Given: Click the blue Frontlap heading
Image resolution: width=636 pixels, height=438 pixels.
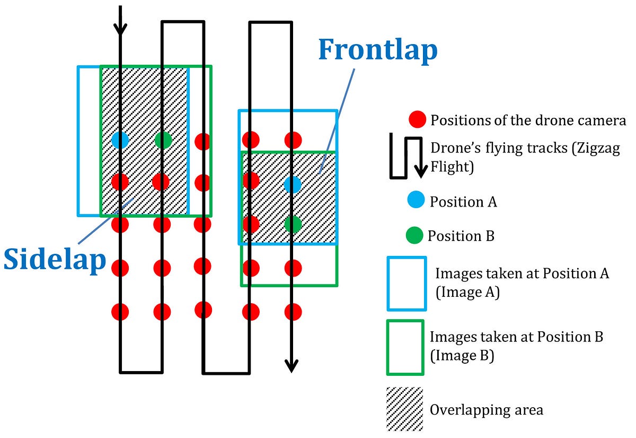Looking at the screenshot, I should (378, 50).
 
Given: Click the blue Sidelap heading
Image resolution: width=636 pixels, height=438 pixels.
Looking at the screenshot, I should (55, 260).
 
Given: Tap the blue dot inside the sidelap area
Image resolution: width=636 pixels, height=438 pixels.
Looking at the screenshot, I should (120, 140).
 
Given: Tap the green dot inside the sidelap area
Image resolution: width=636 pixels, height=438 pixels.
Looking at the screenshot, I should (164, 140).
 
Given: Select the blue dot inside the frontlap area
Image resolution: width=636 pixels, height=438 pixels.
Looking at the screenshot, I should (293, 184).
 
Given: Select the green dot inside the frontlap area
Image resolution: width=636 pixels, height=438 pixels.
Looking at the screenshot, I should (293, 224).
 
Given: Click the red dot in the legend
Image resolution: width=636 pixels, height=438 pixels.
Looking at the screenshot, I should (418, 120).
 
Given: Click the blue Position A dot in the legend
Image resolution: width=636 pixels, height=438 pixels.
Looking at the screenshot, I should (415, 201).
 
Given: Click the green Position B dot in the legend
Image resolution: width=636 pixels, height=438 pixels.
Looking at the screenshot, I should (414, 235).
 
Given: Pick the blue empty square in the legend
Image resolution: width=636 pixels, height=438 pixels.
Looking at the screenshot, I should (407, 284).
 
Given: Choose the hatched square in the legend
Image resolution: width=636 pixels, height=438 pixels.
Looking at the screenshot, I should (405, 409).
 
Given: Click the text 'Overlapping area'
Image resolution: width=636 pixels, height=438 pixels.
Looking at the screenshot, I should (487, 410).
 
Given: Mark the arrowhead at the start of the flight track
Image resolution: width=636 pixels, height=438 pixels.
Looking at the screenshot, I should (121, 29).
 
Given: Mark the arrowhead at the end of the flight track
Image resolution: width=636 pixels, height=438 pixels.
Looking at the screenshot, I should (290, 366).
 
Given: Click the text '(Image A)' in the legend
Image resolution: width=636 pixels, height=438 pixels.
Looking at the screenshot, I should (467, 292).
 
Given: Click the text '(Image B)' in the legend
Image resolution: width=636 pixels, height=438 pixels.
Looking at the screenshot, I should (462, 355).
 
